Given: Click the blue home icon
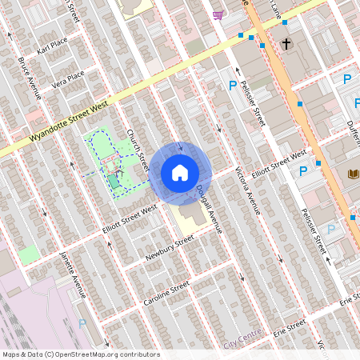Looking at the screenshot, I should [x=180, y=173].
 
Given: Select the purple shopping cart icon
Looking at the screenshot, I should [x=218, y=14].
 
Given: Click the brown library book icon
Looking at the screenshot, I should [x=353, y=174].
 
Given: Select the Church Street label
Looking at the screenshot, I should [x=138, y=150].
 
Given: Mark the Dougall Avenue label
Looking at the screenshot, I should [x=206, y=204].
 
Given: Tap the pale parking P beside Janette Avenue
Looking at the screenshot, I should [x=82, y=324].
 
